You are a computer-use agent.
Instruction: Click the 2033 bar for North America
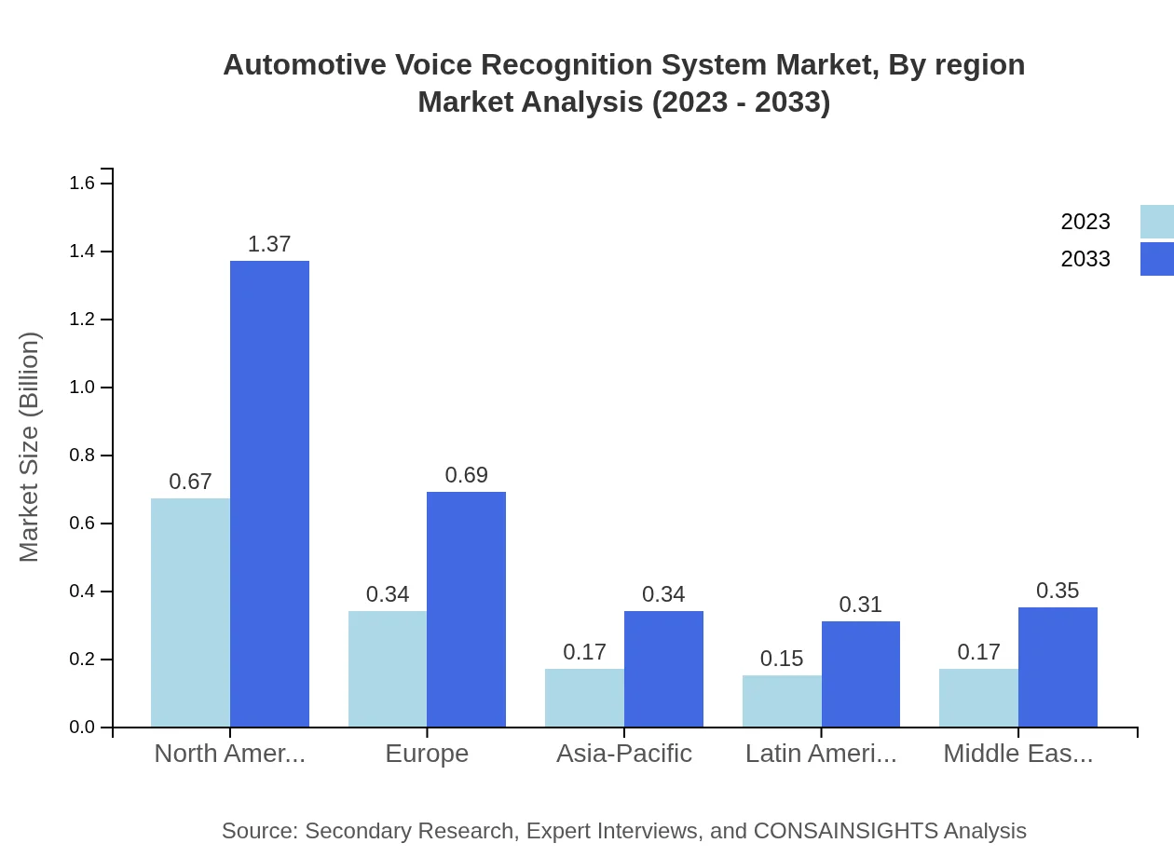(269, 494)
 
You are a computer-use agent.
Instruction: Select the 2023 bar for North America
(190, 612)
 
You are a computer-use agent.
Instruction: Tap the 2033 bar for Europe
(466, 609)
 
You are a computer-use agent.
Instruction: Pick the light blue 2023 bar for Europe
(388, 669)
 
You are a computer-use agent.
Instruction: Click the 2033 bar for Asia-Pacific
(663, 669)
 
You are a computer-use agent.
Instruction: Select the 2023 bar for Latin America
(782, 701)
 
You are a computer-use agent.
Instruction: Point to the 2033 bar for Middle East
(1058, 667)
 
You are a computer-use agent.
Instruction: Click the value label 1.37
(269, 244)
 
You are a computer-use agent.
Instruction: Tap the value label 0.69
(466, 475)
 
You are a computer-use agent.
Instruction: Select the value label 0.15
(782, 659)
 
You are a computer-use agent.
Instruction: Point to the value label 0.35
(1058, 591)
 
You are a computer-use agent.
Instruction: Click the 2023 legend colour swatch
(1156, 222)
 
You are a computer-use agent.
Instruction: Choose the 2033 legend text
(1085, 259)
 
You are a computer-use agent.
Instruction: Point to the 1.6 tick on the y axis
(83, 184)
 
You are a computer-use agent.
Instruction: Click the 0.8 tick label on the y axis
(83, 456)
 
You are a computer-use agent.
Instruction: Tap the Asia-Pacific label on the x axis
(624, 754)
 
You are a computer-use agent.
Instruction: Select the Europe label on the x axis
(427, 754)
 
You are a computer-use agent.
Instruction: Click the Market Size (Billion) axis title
(30, 447)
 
